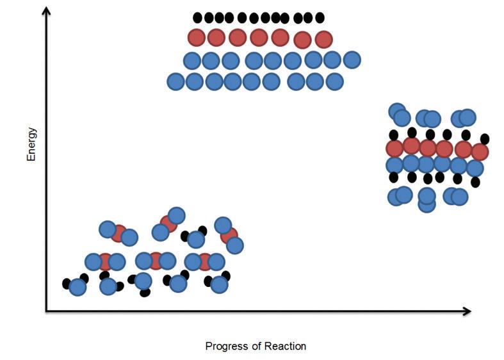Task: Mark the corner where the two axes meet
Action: [46, 311]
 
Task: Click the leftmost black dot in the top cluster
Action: [199, 17]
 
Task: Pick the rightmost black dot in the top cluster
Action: [320, 17]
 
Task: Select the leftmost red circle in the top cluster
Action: [197, 37]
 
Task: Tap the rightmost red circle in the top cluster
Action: [324, 39]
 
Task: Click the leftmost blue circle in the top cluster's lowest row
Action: [175, 81]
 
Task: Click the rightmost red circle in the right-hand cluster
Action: [480, 152]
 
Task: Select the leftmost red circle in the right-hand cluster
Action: [394, 149]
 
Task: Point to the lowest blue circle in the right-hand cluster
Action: [427, 204]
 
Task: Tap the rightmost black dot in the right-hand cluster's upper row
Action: [485, 138]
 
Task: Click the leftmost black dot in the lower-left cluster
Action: [67, 283]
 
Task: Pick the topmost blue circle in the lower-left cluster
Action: [176, 215]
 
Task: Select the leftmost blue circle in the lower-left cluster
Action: [77, 287]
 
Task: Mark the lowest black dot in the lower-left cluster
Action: [145, 293]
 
